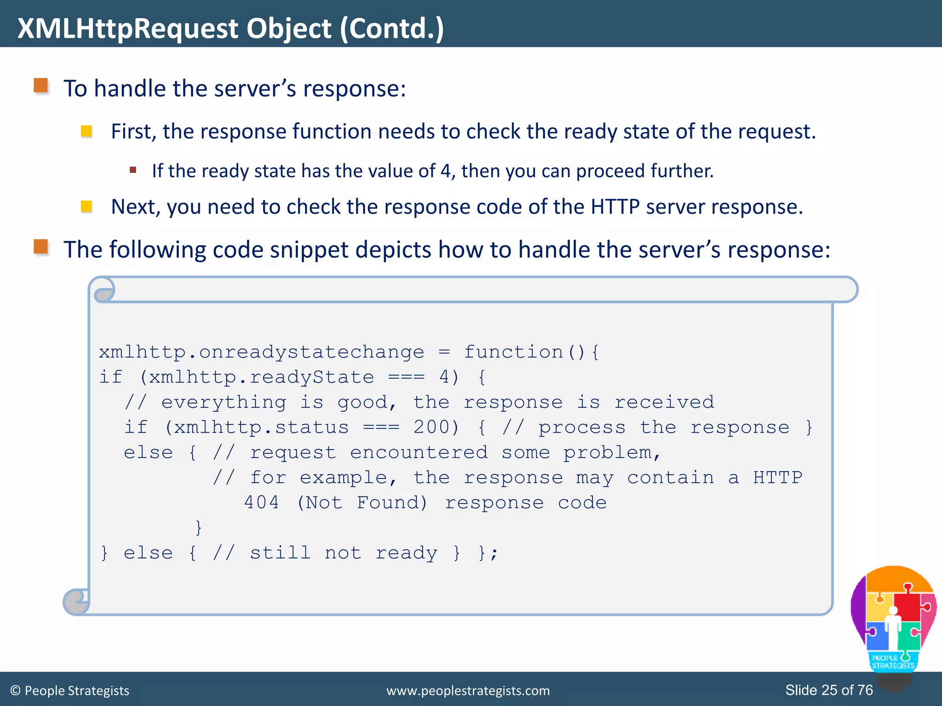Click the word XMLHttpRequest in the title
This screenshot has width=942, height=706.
point(128,28)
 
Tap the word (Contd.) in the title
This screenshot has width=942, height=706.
point(392,28)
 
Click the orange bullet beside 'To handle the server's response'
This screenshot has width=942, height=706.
point(41,85)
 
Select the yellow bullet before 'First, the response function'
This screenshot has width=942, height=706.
point(86,131)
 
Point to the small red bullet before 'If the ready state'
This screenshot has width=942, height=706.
point(133,170)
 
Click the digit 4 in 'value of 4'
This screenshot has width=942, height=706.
point(445,171)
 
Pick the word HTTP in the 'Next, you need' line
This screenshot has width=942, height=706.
point(615,207)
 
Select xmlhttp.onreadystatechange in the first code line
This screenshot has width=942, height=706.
point(261,352)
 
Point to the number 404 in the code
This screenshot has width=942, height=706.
point(261,503)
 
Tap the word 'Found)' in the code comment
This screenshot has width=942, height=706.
point(392,503)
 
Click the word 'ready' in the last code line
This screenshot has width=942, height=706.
point(406,553)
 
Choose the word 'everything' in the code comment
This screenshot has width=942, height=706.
point(224,403)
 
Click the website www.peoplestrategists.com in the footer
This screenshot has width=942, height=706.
point(468,691)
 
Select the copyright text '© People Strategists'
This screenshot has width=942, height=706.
point(69,691)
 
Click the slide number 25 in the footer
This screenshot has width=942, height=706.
point(829,690)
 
